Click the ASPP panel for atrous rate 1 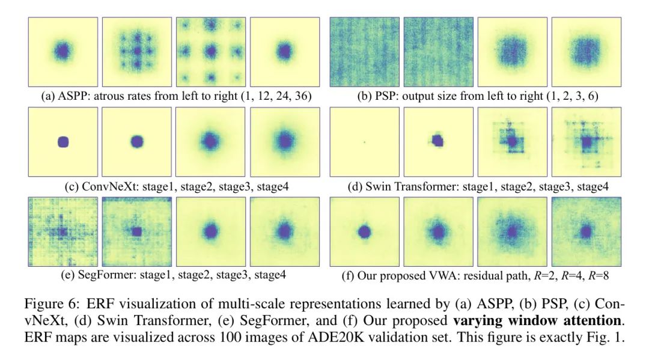62,52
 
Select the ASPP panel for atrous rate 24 210,52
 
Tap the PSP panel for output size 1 364,52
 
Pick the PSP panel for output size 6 586,52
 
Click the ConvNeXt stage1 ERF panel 62,142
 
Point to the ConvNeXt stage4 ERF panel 284,142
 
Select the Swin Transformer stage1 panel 364,142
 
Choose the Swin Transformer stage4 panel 586,142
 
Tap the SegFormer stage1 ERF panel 62,231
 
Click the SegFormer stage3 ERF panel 210,231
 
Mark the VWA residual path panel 364,231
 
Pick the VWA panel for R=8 586,231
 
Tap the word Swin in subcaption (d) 379,187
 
